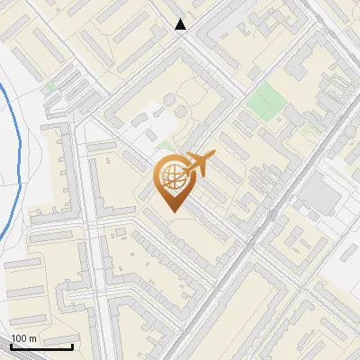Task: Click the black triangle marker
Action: (181, 24)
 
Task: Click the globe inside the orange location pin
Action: (171, 177)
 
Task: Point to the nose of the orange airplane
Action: (212, 156)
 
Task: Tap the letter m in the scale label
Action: (32, 338)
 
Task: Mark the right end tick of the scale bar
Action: (72, 345)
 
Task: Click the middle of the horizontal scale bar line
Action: (40, 346)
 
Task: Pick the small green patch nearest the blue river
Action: (50, 86)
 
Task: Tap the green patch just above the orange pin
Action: (165, 144)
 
